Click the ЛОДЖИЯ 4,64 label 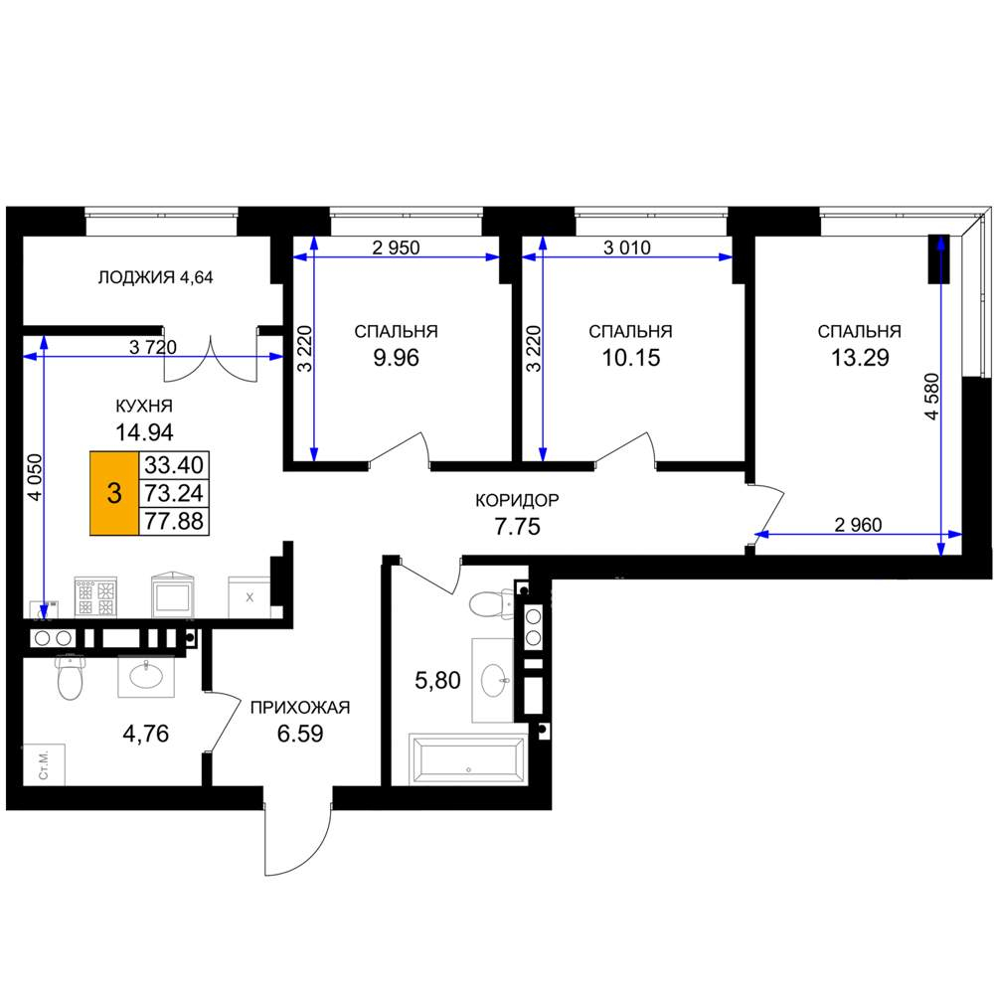[x=155, y=277]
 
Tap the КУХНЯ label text [x=144, y=406]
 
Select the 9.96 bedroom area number [x=397, y=358]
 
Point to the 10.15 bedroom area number [x=631, y=358]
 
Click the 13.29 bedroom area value [x=860, y=358]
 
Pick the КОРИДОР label [x=517, y=500]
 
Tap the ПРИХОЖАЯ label [x=300, y=707]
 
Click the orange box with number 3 [x=114, y=493]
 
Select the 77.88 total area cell [x=174, y=521]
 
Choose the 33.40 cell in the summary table [x=174, y=465]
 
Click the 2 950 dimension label [x=397, y=248]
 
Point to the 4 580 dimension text [x=932, y=397]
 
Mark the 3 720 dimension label [x=153, y=347]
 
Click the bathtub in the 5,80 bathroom [x=468, y=758]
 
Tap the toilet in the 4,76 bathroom [x=70, y=678]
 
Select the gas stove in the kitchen [x=95, y=596]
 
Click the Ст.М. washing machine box [x=43, y=765]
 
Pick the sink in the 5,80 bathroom [x=494, y=680]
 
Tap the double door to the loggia [x=211, y=358]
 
